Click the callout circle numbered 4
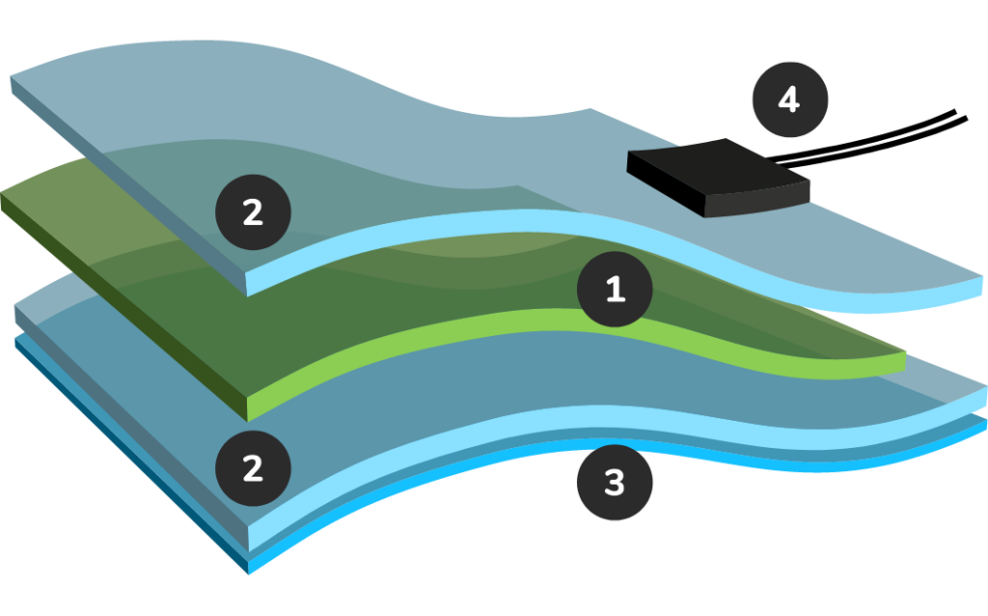[x=789, y=99]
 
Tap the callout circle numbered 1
[x=615, y=290]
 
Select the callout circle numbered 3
[x=615, y=483]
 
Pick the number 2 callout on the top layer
[x=253, y=212]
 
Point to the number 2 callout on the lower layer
[x=253, y=468]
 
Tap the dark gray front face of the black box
[x=756, y=199]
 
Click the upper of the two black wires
[x=864, y=136]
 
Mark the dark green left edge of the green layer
[x=123, y=306]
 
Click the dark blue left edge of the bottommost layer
[x=131, y=455]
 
